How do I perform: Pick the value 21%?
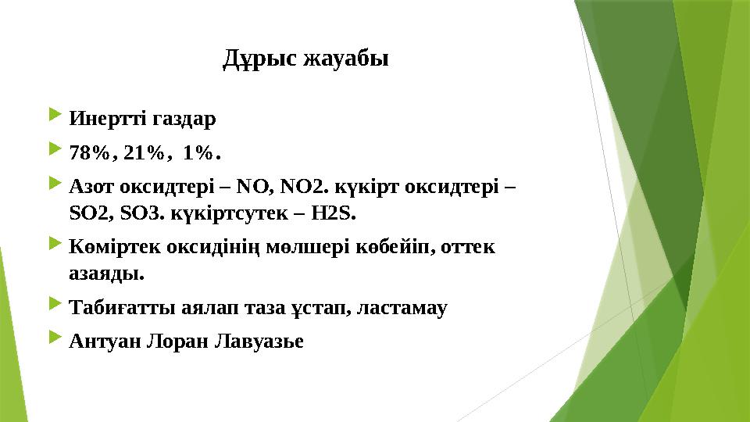145,153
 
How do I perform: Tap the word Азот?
91,188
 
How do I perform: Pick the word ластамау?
401,308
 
